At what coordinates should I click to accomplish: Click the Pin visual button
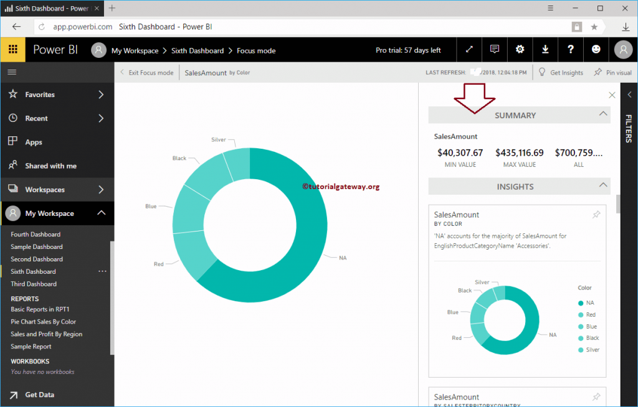[x=613, y=73]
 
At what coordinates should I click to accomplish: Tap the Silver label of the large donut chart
[x=218, y=140]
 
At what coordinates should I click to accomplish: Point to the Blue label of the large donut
[x=151, y=206]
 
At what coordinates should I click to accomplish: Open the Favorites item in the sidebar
[x=40, y=95]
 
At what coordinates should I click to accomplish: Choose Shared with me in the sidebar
[x=50, y=166]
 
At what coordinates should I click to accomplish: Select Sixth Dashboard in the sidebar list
[x=33, y=271]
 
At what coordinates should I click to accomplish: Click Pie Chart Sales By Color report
[x=43, y=322]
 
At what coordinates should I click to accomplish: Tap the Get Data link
[x=39, y=395]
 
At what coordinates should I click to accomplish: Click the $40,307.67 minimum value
[x=460, y=152]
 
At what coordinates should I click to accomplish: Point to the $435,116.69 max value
[x=519, y=152]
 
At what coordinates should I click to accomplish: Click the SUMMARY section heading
[x=515, y=115]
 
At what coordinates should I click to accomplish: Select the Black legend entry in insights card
[x=592, y=338]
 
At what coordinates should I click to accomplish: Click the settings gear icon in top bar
[x=520, y=50]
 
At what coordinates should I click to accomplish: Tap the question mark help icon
[x=570, y=50]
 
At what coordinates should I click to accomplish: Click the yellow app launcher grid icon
[x=12, y=50]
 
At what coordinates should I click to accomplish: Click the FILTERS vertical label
[x=629, y=129]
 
